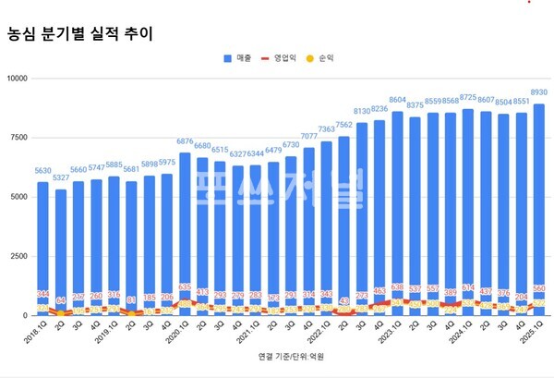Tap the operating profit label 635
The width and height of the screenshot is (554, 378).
point(185,287)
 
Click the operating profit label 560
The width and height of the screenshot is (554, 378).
point(539,288)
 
